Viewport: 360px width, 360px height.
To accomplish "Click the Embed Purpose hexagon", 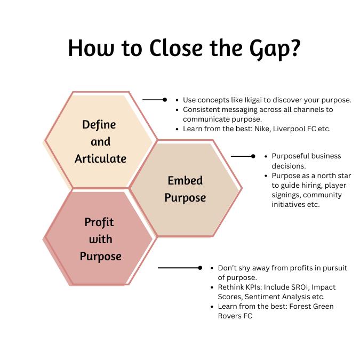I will (185, 189).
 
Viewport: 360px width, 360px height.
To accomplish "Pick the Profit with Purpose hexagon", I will (101, 239).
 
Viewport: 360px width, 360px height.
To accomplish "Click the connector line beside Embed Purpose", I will (243, 156).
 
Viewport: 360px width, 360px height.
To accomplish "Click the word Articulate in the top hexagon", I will (100, 158).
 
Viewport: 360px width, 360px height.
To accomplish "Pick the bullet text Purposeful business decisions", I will (306, 161).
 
